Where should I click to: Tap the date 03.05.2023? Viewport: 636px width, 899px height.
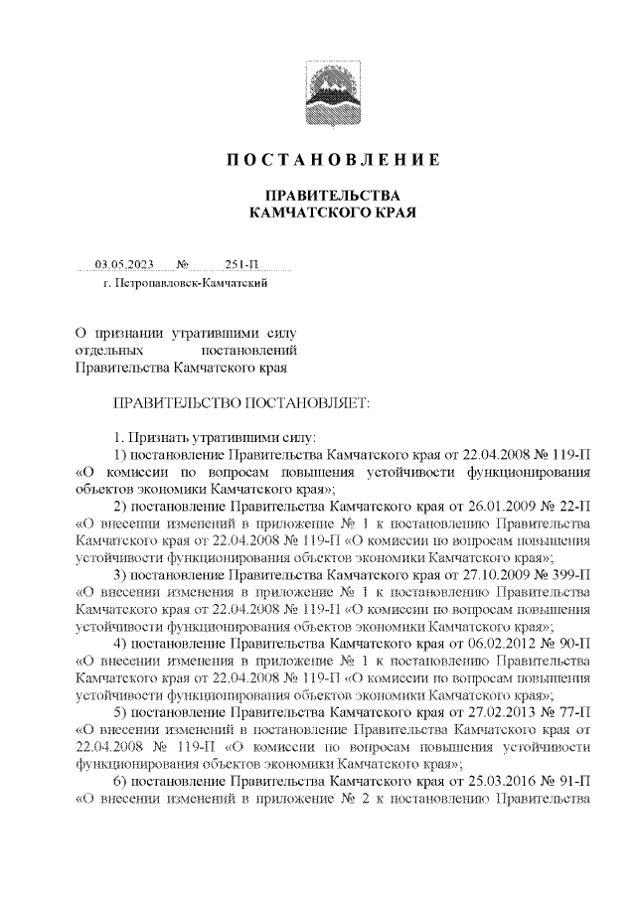pyautogui.click(x=124, y=264)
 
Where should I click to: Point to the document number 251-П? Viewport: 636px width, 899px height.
pyautogui.click(x=241, y=264)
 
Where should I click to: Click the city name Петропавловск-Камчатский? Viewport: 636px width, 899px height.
pyautogui.click(x=192, y=285)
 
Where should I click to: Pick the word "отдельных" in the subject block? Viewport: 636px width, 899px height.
pyautogui.click(x=106, y=351)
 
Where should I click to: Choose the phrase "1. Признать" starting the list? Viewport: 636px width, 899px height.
pyautogui.click(x=149, y=437)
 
